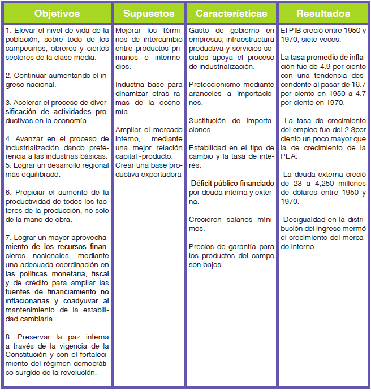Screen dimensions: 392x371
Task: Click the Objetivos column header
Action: pos(57,13)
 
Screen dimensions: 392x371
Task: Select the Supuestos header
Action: pos(149,13)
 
